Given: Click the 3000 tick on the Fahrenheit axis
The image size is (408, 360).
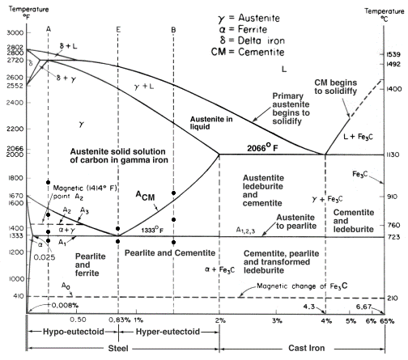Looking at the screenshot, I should (15, 32).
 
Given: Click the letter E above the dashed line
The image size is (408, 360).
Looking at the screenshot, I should (118, 29).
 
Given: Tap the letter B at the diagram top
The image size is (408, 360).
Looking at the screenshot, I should (174, 29).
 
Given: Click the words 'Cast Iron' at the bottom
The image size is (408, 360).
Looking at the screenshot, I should (309, 349).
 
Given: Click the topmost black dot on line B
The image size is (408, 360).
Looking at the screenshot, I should (174, 193).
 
